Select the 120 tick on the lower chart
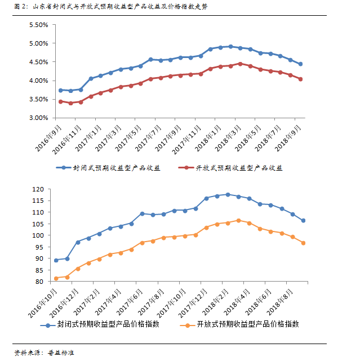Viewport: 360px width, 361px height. coord(38,189)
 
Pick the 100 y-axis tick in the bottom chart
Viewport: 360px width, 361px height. coord(38,235)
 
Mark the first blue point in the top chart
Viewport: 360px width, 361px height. coord(60,90)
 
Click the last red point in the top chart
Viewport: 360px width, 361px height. coord(300,79)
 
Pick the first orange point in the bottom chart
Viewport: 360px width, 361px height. coord(56,278)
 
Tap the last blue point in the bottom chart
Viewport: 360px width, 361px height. coord(303,220)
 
